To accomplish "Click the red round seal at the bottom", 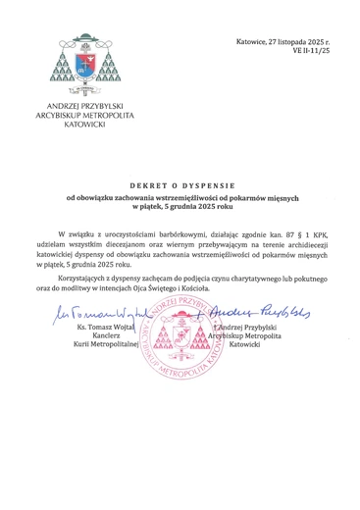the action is click(179, 344).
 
